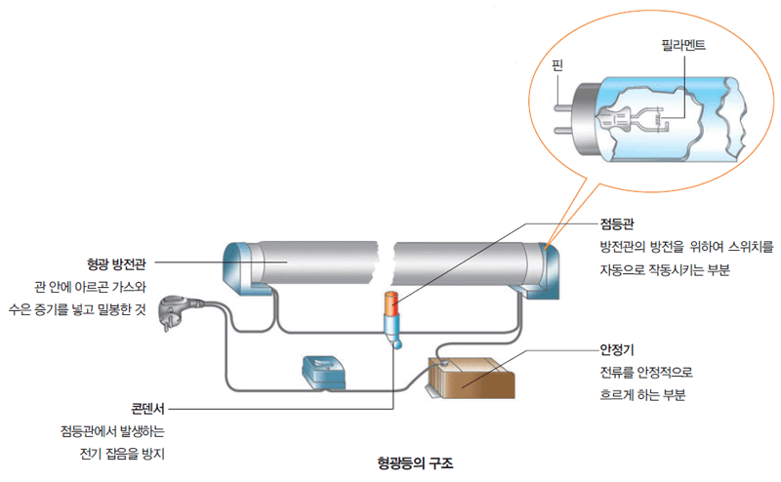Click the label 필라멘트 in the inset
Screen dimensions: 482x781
point(680,45)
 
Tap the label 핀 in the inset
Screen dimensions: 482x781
point(557,66)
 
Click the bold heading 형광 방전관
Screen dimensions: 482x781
point(117,263)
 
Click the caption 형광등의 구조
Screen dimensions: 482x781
point(416,461)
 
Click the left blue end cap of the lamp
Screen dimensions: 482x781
point(237,265)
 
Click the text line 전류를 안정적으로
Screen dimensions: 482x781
point(646,373)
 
